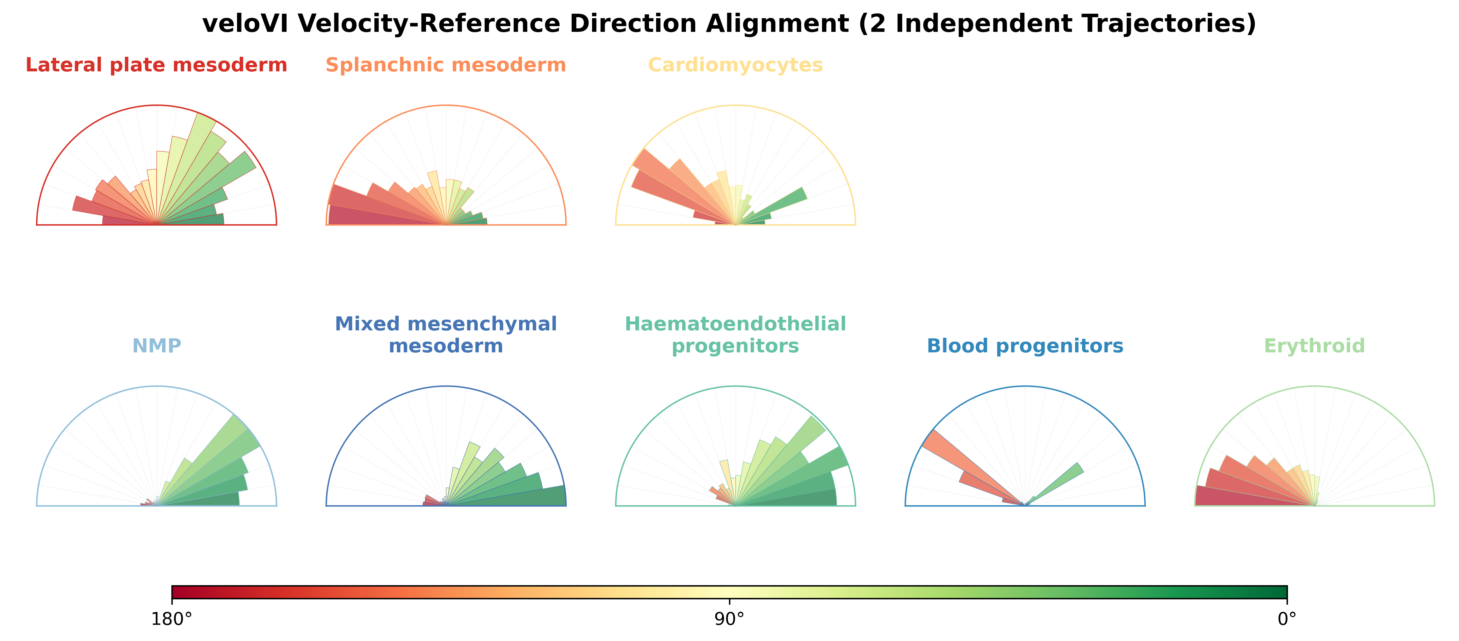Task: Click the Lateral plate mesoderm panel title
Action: click(x=156, y=65)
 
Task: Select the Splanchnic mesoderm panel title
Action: click(x=446, y=65)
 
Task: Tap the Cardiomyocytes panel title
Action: click(x=735, y=65)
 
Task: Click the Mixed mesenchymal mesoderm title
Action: click(x=446, y=335)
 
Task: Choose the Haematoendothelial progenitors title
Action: click(x=735, y=335)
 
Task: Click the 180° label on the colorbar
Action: click(x=172, y=619)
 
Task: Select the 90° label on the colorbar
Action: click(x=730, y=619)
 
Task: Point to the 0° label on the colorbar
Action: click(x=1287, y=619)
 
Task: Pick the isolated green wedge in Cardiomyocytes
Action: click(x=773, y=205)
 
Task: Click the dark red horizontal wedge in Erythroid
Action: click(x=1254, y=496)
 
